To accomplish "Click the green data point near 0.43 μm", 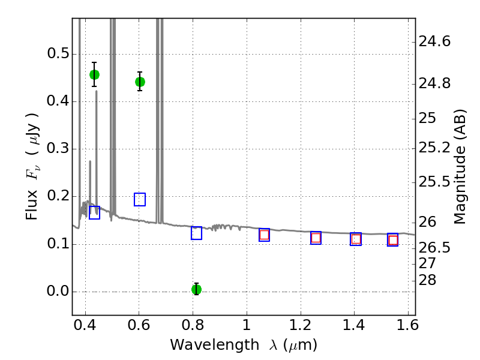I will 94,74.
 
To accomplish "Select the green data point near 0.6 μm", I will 140,82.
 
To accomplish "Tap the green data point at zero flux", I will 196,289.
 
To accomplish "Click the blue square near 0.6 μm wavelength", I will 140,199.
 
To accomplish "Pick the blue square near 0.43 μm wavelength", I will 94,212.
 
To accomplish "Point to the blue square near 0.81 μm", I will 196,233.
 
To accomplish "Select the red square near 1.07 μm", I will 264,235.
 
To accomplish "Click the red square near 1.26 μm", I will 316,238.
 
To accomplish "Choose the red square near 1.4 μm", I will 356,239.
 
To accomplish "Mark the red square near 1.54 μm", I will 393,240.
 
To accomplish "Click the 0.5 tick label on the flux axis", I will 58,54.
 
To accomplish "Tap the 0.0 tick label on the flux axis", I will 58,292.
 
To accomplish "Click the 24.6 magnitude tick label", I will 435,41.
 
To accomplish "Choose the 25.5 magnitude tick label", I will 435,181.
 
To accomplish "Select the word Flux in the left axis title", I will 33,205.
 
